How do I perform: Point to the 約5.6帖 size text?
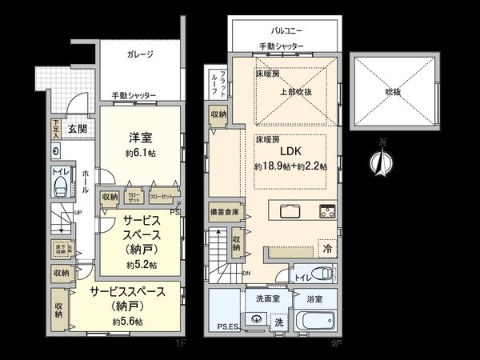[x=128, y=322]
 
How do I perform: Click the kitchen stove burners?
[x=327, y=212]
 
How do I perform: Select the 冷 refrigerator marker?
[x=326, y=248]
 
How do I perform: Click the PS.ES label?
[x=228, y=326]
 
